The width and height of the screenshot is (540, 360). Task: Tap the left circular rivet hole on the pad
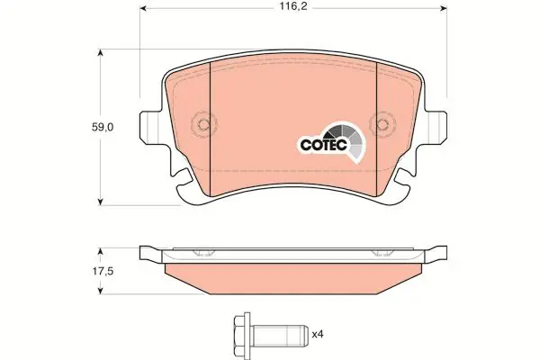click(x=202, y=124)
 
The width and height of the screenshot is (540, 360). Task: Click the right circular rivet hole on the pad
click(x=384, y=124)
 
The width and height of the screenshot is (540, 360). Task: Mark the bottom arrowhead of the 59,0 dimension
click(x=99, y=201)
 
